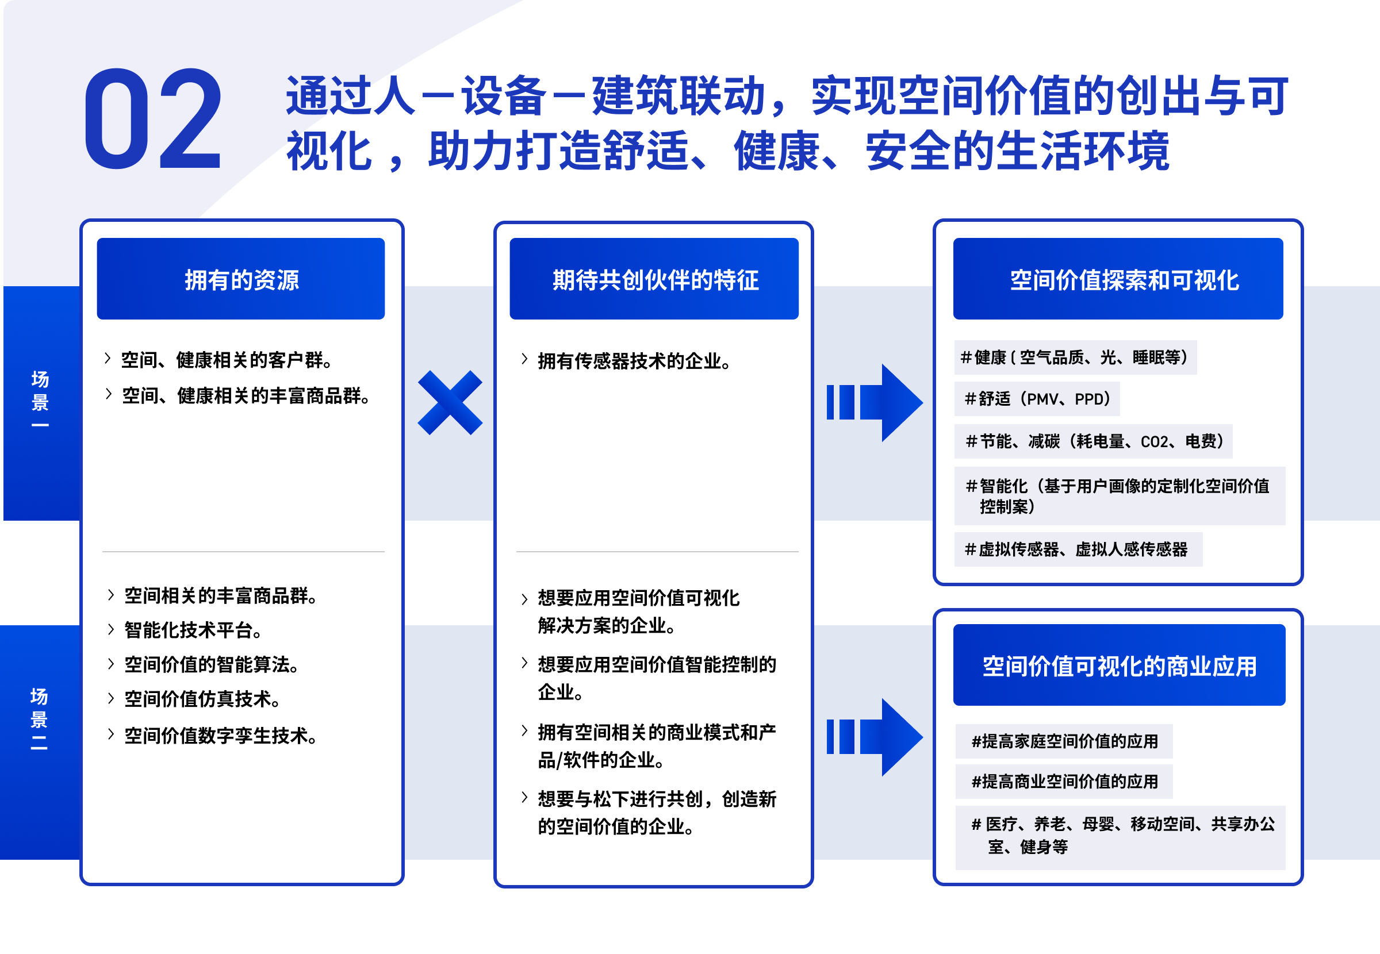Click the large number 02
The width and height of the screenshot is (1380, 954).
(x=153, y=120)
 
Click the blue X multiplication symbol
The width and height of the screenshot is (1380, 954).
(x=450, y=402)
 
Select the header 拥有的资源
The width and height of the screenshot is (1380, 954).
(x=241, y=279)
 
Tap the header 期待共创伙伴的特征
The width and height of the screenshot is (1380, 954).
(x=655, y=279)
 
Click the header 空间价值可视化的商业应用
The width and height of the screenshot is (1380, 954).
(x=1120, y=666)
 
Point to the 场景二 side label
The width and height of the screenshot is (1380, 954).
(x=40, y=718)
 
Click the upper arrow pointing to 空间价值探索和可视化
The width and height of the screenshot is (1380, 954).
(x=874, y=402)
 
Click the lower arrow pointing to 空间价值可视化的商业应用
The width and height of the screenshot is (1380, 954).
(x=874, y=737)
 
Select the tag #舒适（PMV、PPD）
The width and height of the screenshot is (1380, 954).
(x=1037, y=399)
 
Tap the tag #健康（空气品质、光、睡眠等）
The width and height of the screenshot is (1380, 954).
(x=1075, y=357)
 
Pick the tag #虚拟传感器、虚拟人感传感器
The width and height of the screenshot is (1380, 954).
(x=1077, y=549)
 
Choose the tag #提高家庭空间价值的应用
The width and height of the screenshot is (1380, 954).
(x=1064, y=741)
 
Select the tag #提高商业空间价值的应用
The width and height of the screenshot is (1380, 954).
(x=1064, y=781)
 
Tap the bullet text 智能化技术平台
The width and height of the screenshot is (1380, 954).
(x=193, y=630)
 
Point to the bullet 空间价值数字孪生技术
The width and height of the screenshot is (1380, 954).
(x=220, y=736)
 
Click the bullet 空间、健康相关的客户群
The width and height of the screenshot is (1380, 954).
(x=226, y=360)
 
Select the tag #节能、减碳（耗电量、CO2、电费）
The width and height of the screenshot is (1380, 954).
(x=1093, y=441)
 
